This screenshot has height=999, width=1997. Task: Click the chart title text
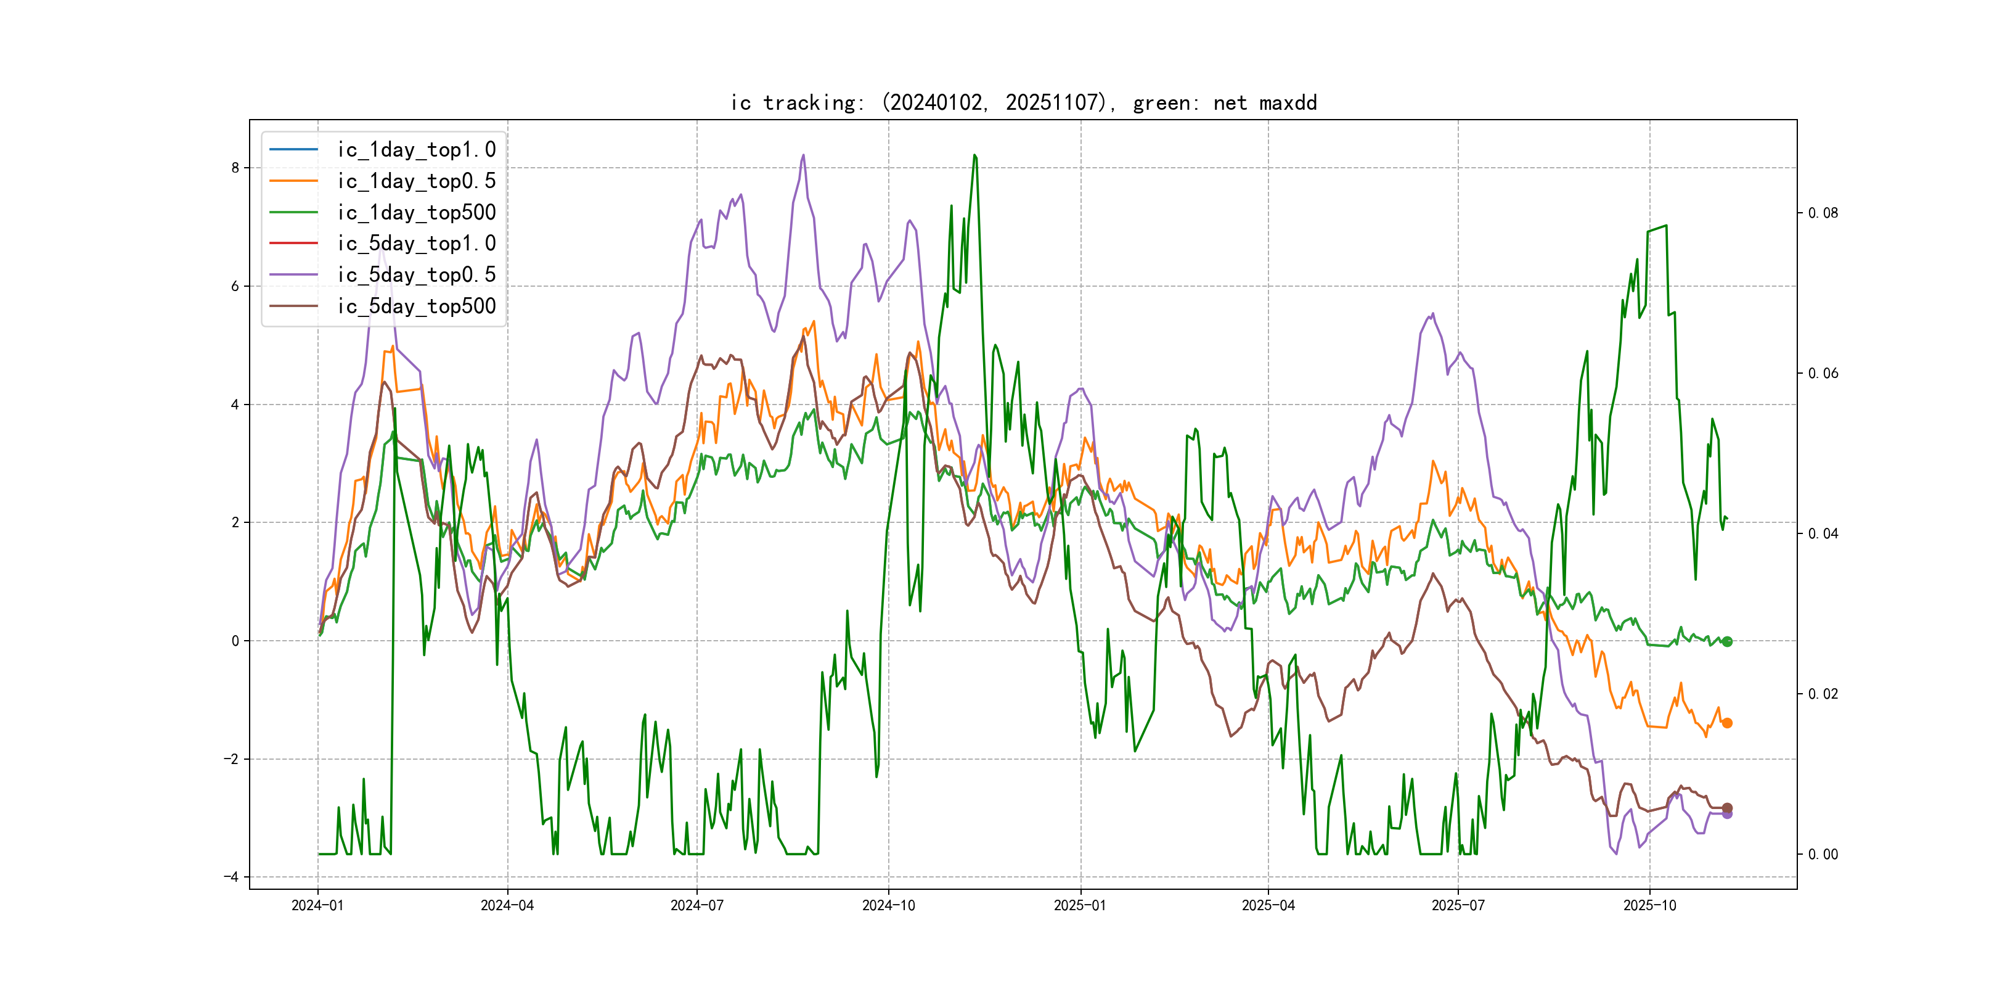[x=1023, y=103]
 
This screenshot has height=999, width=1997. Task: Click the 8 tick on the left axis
[x=235, y=168]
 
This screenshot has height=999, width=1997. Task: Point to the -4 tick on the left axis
[x=231, y=878]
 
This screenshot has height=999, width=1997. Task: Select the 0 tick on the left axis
[x=235, y=641]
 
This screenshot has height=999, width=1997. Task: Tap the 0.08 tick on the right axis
[x=1823, y=213]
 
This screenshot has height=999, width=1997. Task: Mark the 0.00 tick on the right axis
[x=1823, y=855]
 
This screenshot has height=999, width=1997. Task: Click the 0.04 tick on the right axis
[x=1823, y=533]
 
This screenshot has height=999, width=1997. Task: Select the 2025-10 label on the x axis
[x=1650, y=906]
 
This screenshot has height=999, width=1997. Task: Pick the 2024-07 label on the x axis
[x=697, y=906]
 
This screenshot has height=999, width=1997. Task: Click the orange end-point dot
[x=1727, y=723]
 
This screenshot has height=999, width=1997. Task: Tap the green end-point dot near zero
[x=1727, y=641]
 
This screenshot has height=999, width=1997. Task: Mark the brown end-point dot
[x=1727, y=807]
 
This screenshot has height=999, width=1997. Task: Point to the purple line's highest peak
[x=803, y=155]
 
